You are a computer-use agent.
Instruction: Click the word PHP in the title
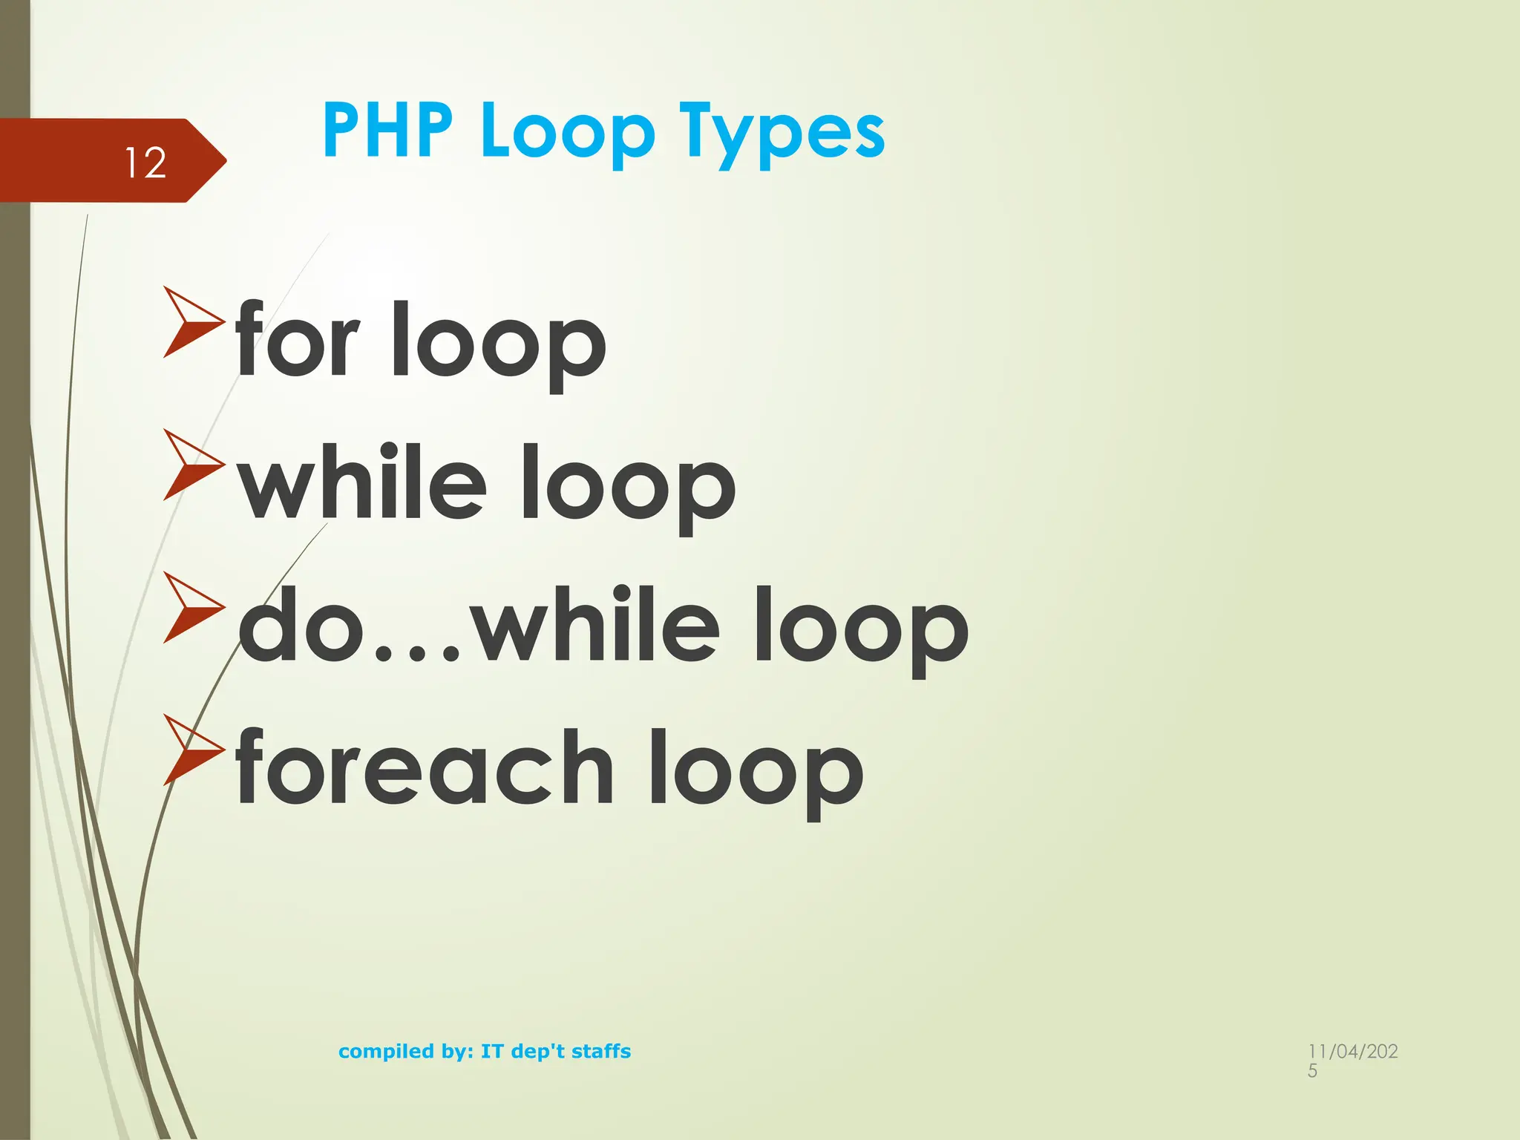(387, 131)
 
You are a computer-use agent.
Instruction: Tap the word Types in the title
(782, 134)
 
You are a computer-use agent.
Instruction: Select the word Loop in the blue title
(568, 134)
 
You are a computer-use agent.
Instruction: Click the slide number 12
(145, 163)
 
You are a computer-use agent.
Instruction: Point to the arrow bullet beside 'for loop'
(192, 322)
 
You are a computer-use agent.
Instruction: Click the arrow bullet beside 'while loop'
(192, 465)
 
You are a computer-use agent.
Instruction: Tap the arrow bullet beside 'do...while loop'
(192, 607)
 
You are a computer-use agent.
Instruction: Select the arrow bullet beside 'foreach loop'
(192, 750)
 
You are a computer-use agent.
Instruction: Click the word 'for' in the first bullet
(298, 340)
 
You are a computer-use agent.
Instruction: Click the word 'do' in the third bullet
(301, 625)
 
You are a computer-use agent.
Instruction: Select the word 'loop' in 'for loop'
(498, 344)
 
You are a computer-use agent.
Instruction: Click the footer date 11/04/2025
(1352, 1059)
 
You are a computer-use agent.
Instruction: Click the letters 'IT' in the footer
(491, 1052)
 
